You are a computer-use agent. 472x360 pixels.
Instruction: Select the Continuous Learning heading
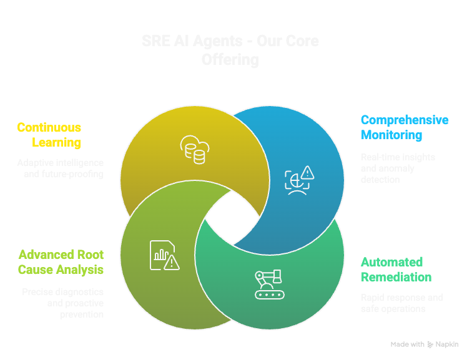tap(49, 135)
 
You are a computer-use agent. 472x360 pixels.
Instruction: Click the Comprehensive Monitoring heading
tap(404, 127)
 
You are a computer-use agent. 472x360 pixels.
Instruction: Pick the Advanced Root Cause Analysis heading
tap(61, 263)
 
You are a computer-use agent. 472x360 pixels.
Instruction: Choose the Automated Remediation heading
tap(396, 270)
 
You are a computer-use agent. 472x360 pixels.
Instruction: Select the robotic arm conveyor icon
tap(269, 283)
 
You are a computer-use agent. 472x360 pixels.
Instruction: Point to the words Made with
tap(407, 344)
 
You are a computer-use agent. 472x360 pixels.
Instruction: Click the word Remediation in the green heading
tap(396, 277)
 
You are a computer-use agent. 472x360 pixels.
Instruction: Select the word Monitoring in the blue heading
tap(391, 135)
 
